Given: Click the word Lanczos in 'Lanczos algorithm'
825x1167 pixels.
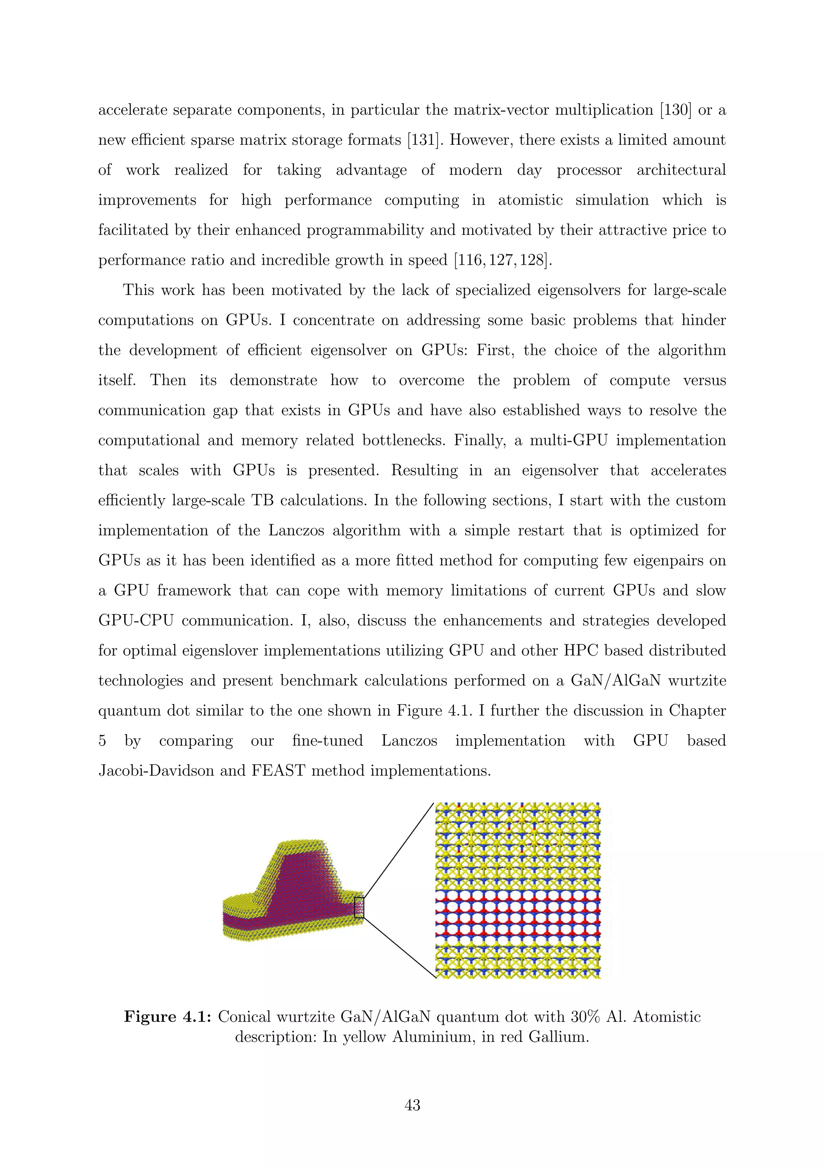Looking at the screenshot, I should point(296,531).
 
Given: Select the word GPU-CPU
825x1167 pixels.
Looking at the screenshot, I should point(136,621).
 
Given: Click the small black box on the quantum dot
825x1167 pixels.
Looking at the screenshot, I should point(359,907).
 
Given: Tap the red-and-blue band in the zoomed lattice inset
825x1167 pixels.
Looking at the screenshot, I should point(518,915).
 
